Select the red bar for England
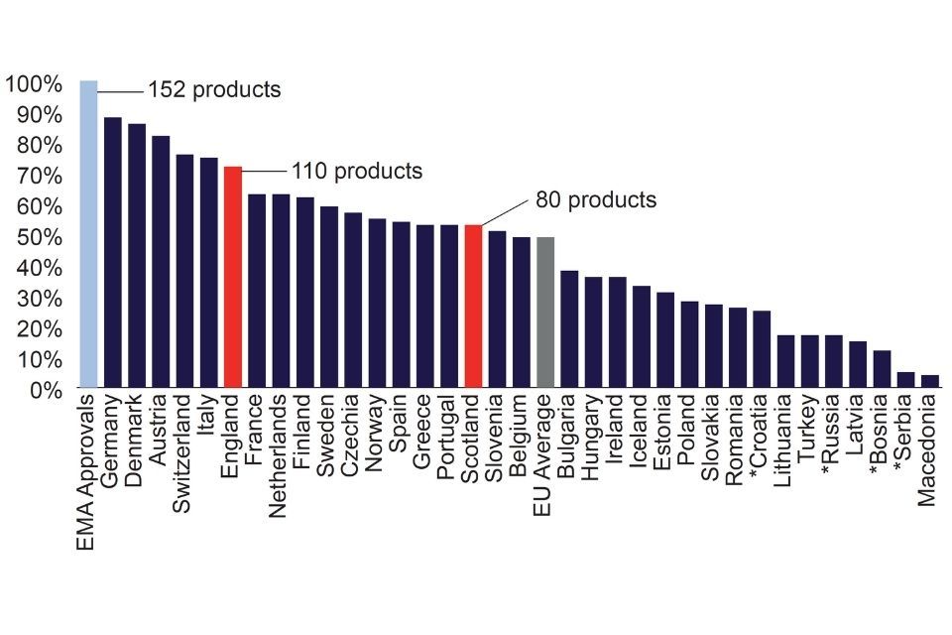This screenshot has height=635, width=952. [233, 277]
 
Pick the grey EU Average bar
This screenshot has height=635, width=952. [545, 312]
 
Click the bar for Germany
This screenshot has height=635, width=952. [112, 252]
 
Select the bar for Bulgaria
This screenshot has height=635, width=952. [569, 328]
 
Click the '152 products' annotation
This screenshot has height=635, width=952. [214, 89]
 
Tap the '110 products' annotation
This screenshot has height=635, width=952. [356, 171]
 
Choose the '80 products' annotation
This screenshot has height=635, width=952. [596, 199]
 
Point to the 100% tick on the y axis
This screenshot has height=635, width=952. [35, 83]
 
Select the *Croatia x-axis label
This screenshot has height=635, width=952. [762, 438]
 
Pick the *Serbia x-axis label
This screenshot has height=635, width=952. [905, 435]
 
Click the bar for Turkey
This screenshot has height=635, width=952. [809, 361]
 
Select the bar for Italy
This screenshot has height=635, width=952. [208, 272]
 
